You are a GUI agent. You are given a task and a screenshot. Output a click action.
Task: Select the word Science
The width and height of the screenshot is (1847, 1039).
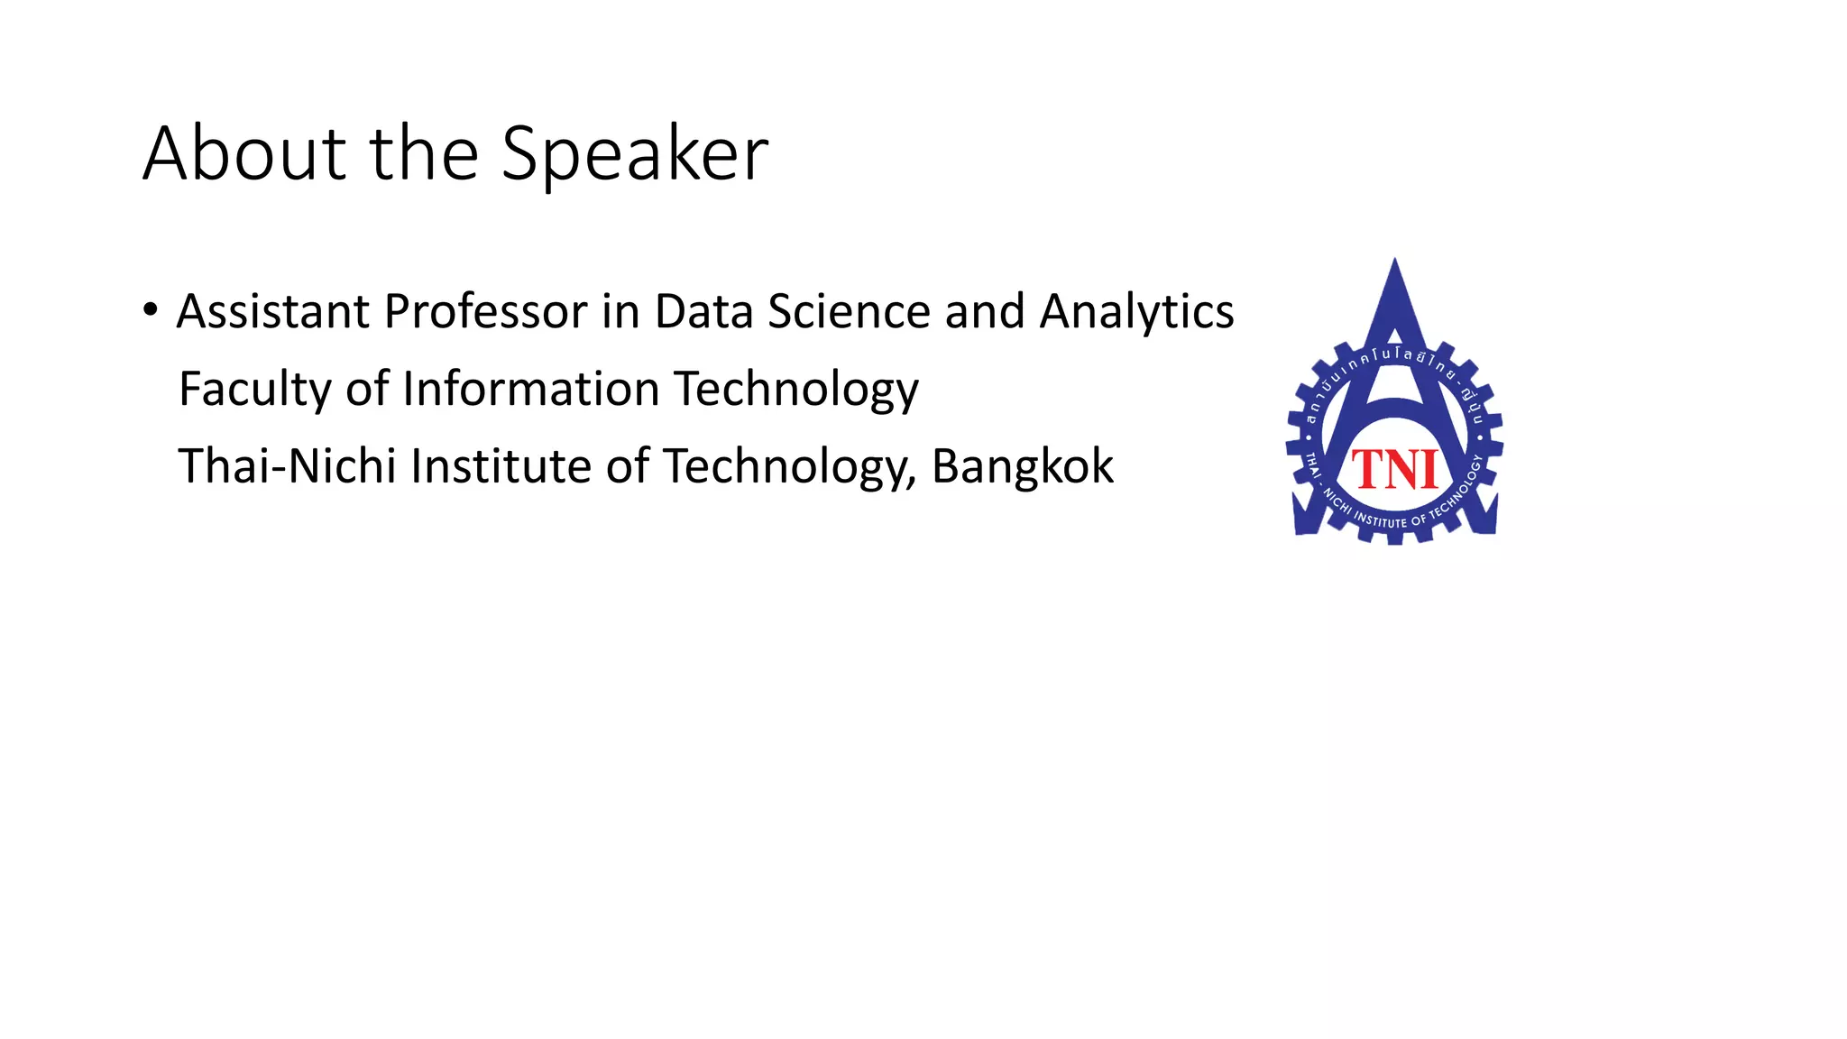(849, 312)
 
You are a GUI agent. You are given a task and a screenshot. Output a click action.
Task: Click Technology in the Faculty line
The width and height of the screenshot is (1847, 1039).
(796, 391)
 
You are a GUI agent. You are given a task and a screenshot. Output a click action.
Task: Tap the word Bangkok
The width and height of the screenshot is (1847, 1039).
(1022, 466)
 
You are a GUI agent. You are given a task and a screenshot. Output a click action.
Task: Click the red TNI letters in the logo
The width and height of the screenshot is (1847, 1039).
(1394, 470)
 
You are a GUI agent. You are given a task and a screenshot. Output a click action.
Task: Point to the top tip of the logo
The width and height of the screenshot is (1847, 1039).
(1395, 262)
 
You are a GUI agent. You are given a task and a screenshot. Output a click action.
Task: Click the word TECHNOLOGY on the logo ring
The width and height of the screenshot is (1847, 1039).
(1456, 492)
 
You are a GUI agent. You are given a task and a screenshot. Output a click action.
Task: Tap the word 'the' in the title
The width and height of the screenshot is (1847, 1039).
(424, 153)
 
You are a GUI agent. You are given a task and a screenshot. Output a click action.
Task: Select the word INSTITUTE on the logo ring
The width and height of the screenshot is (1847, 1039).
(1380, 520)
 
